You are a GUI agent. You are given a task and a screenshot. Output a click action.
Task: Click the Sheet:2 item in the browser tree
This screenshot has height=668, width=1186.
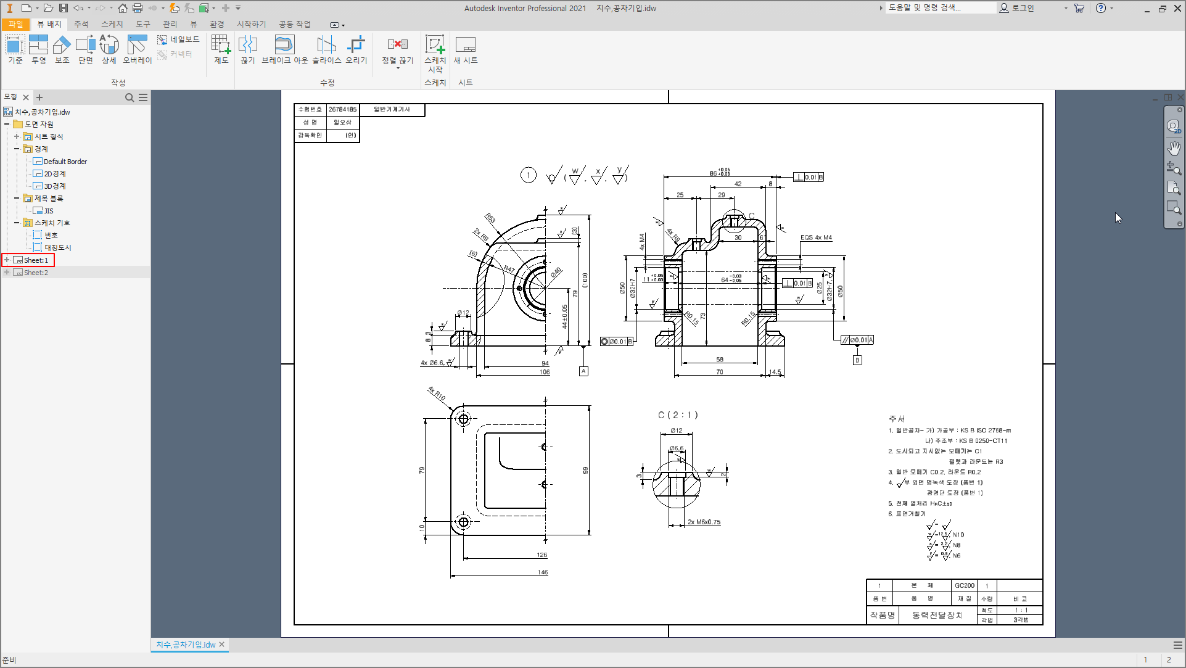pos(36,273)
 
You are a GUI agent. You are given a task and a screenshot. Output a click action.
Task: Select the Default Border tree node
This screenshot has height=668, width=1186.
pos(65,162)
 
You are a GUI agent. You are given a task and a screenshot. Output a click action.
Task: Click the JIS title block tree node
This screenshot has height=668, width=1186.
pos(49,211)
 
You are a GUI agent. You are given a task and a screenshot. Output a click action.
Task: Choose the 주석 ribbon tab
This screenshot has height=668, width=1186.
pos(81,24)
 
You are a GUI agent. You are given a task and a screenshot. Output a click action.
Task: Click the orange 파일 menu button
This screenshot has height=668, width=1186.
pos(15,24)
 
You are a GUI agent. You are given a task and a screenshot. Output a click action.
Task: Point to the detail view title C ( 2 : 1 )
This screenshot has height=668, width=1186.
pos(678,415)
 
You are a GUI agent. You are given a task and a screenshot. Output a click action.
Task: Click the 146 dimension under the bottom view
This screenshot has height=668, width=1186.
pos(542,572)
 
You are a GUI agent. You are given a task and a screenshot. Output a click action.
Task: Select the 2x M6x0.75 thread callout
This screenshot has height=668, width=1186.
pos(704,522)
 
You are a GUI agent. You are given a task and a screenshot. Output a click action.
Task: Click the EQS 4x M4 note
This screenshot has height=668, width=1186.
pos(816,237)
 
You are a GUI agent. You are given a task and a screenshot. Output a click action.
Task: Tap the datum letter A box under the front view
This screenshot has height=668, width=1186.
pos(583,371)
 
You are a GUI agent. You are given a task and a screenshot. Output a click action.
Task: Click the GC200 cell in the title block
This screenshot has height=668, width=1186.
pos(965,585)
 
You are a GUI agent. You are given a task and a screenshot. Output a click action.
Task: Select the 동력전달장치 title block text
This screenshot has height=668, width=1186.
pos(937,615)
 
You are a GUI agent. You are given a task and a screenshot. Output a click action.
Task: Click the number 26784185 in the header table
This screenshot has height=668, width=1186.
pos(342,109)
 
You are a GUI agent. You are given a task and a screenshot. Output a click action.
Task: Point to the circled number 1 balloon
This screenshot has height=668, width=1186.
pos(529,175)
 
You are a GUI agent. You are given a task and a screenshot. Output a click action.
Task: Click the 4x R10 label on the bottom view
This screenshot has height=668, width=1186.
pos(437,394)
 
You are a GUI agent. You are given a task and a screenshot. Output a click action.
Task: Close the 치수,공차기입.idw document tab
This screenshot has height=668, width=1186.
pos(222,644)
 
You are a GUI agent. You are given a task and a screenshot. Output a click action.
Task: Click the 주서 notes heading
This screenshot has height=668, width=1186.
pos(897,419)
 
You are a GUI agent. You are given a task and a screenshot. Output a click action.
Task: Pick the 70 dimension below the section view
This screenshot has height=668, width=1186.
pos(719,372)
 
